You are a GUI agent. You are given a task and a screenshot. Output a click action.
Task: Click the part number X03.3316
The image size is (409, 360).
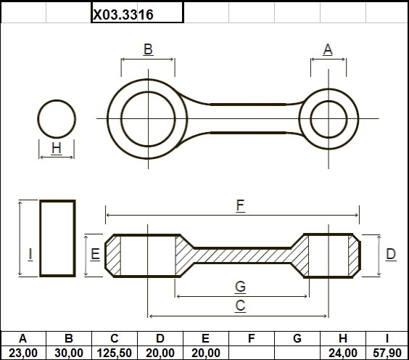[x=123, y=15]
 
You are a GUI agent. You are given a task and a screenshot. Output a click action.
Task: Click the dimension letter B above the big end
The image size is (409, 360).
[x=148, y=49]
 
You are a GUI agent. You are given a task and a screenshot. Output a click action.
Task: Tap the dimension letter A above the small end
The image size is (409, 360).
[x=328, y=49]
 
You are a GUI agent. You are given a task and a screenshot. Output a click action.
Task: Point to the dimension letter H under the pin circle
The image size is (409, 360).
[x=57, y=148]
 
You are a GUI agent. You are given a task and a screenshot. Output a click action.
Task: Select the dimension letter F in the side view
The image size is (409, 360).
[x=240, y=205]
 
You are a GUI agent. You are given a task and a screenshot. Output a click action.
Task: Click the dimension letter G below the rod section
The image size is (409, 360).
[x=240, y=287]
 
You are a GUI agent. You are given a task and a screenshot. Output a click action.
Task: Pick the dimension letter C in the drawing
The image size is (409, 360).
[x=240, y=306]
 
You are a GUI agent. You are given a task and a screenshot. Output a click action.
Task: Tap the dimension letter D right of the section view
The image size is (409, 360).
[x=391, y=254]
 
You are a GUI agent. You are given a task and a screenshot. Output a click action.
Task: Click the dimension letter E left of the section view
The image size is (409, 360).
[x=95, y=254]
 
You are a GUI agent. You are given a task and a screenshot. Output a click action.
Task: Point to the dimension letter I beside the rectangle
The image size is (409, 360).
[x=30, y=254]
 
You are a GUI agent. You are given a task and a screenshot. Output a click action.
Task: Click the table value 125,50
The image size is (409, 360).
[x=115, y=353]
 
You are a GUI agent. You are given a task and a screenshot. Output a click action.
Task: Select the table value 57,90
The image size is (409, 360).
[x=387, y=353]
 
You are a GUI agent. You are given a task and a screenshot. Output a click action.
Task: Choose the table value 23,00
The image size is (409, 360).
[x=23, y=353]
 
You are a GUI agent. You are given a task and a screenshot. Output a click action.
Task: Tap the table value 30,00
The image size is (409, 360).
[x=69, y=353]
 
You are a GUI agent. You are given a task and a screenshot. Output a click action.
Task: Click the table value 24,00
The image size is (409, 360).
[x=343, y=353]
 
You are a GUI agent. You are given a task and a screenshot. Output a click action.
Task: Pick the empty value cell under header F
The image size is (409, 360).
[x=252, y=353]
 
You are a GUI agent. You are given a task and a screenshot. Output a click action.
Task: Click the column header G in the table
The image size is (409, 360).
[x=297, y=339]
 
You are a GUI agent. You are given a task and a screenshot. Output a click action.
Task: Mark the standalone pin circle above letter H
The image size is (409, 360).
[x=57, y=100]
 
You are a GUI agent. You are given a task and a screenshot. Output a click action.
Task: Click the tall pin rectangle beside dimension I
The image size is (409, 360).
[x=41, y=238]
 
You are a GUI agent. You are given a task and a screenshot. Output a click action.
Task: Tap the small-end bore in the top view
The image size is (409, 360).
[x=329, y=102]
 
